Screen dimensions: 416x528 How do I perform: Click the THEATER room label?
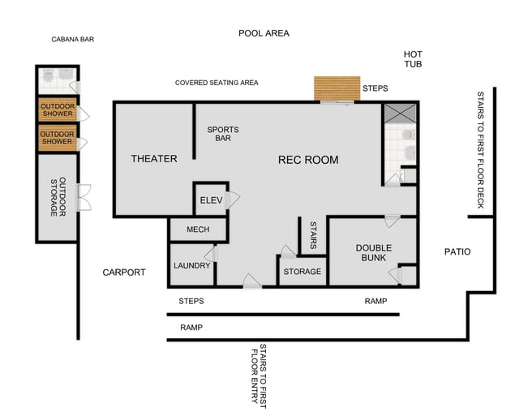pyautogui.click(x=153, y=159)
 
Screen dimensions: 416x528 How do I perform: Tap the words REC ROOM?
pyautogui.click(x=308, y=160)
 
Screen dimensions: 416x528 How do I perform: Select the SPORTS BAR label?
pyautogui.click(x=222, y=134)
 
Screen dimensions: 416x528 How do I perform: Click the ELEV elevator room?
pyautogui.click(x=211, y=200)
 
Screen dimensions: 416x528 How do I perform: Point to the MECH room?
pyautogui.click(x=198, y=229)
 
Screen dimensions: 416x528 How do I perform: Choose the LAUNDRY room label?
pyautogui.click(x=191, y=266)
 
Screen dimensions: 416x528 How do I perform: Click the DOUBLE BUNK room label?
pyautogui.click(x=374, y=253)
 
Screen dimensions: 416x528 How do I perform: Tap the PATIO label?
pyautogui.click(x=457, y=252)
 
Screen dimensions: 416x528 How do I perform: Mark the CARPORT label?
pyautogui.click(x=124, y=272)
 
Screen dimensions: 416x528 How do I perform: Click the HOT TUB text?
pyautogui.click(x=413, y=58)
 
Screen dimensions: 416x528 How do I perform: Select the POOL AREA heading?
pyautogui.click(x=264, y=33)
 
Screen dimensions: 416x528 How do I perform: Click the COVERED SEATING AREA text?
pyautogui.click(x=217, y=83)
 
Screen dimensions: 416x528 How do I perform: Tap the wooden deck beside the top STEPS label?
pyautogui.click(x=337, y=88)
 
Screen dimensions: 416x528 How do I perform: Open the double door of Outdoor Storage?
pyautogui.click(x=84, y=197)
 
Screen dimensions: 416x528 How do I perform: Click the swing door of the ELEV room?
pyautogui.click(x=234, y=199)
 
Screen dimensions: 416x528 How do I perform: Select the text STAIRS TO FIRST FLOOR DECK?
pyautogui.click(x=480, y=150)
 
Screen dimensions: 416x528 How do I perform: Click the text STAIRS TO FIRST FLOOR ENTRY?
pyautogui.click(x=259, y=373)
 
